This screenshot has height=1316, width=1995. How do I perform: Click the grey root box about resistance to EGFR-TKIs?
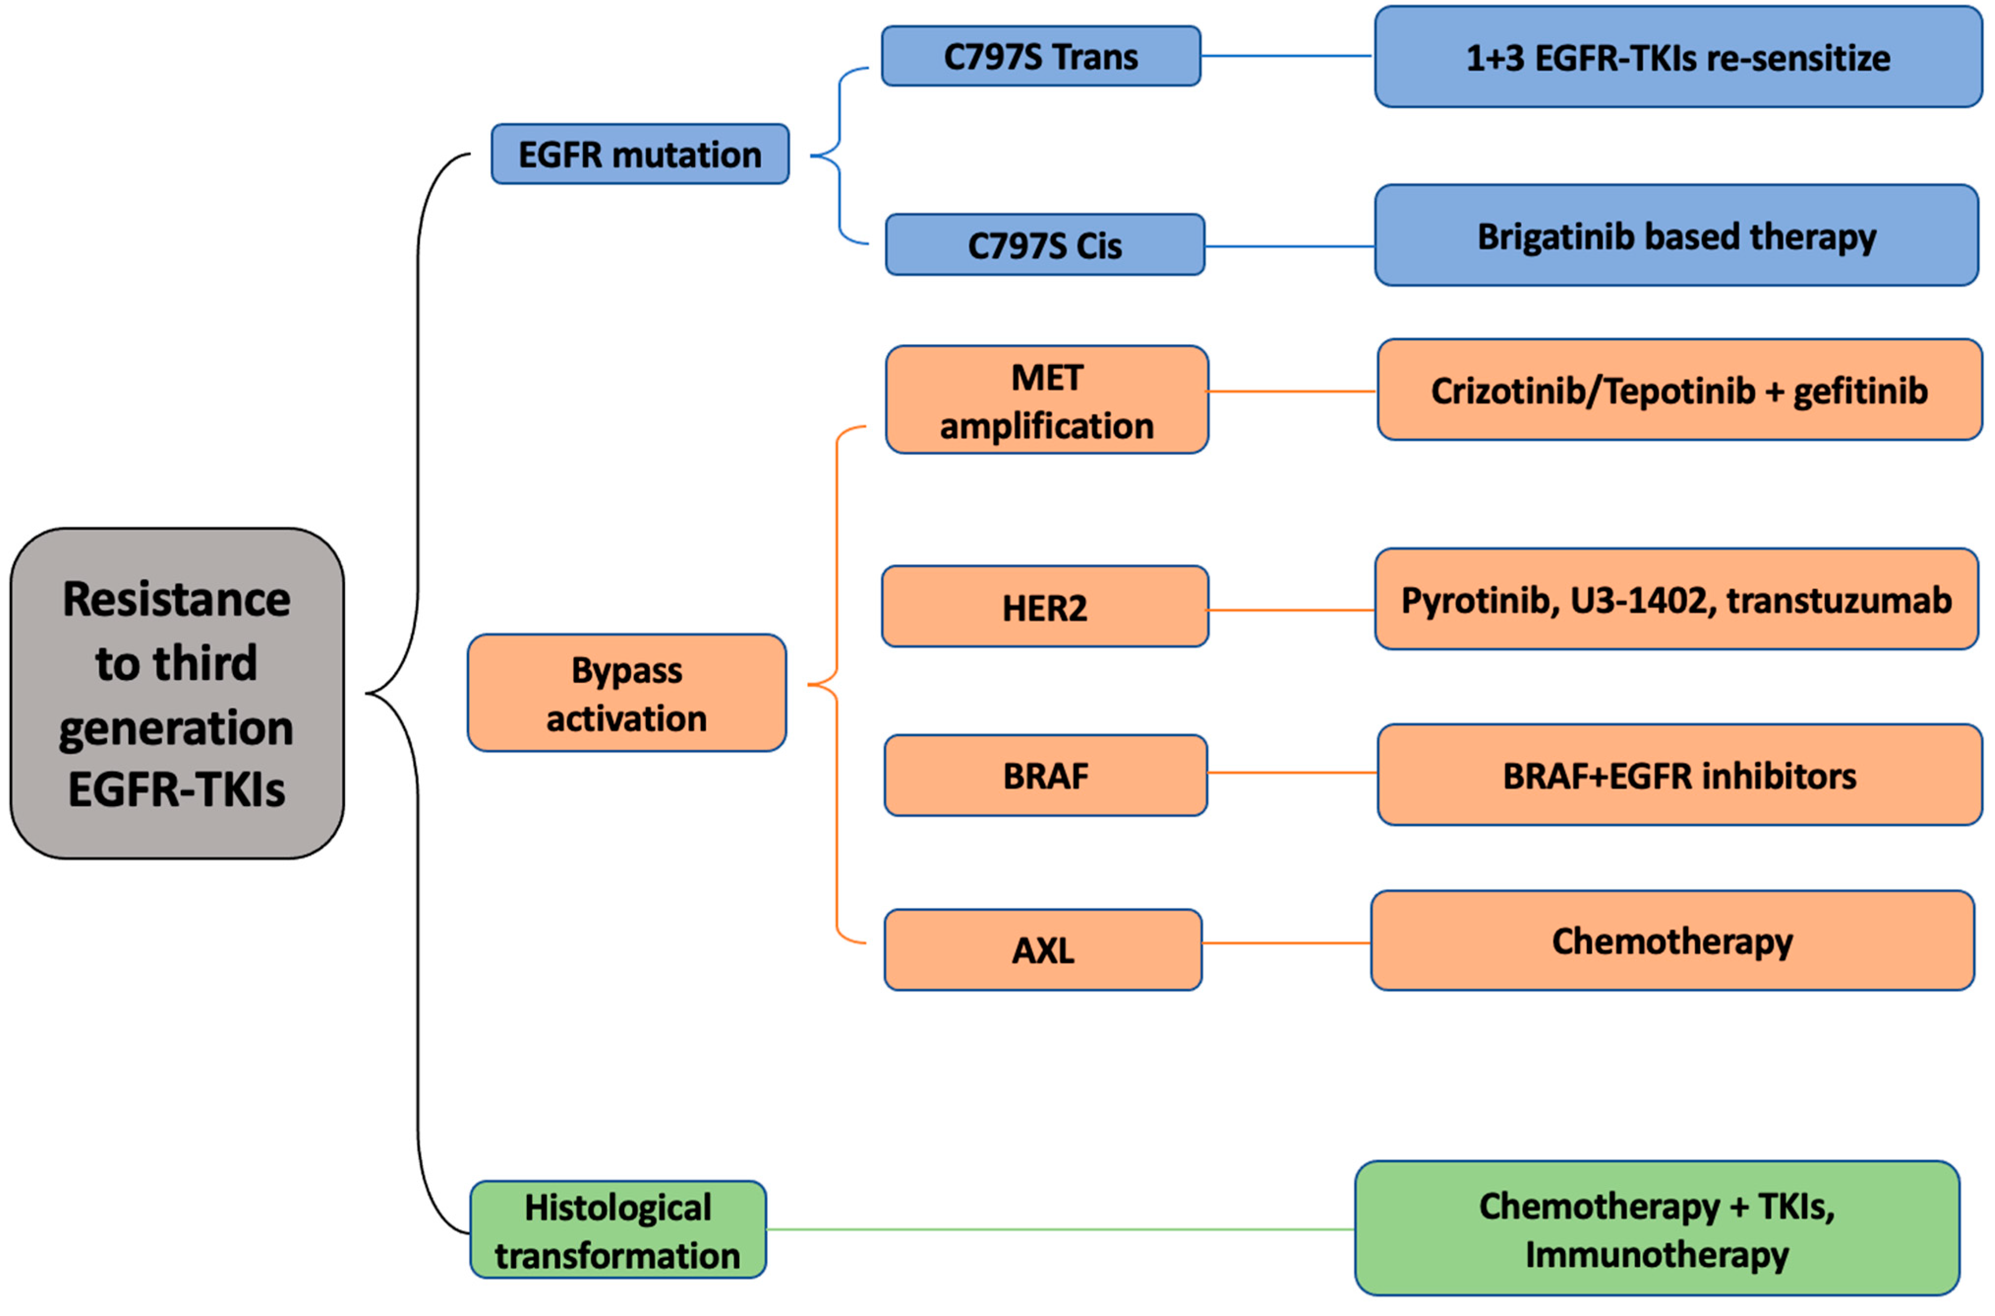click(177, 693)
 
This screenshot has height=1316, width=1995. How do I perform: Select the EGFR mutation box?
click(639, 154)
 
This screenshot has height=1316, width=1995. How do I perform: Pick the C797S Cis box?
click(1044, 245)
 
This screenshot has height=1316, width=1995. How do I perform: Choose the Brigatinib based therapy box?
click(1676, 236)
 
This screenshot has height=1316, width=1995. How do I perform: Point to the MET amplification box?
click(1046, 400)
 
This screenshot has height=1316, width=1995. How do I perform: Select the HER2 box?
click(1044, 607)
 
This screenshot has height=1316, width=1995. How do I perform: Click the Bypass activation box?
click(627, 693)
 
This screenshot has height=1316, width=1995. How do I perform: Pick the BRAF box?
click(1045, 776)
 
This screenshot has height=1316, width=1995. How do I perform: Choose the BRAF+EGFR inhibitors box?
click(1679, 776)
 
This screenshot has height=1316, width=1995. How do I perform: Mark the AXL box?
click(1043, 950)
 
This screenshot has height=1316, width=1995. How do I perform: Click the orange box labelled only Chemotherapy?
click(1672, 941)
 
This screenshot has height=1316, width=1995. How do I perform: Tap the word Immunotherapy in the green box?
click(1657, 1254)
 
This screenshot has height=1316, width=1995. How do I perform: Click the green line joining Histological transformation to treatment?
click(1057, 1229)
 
